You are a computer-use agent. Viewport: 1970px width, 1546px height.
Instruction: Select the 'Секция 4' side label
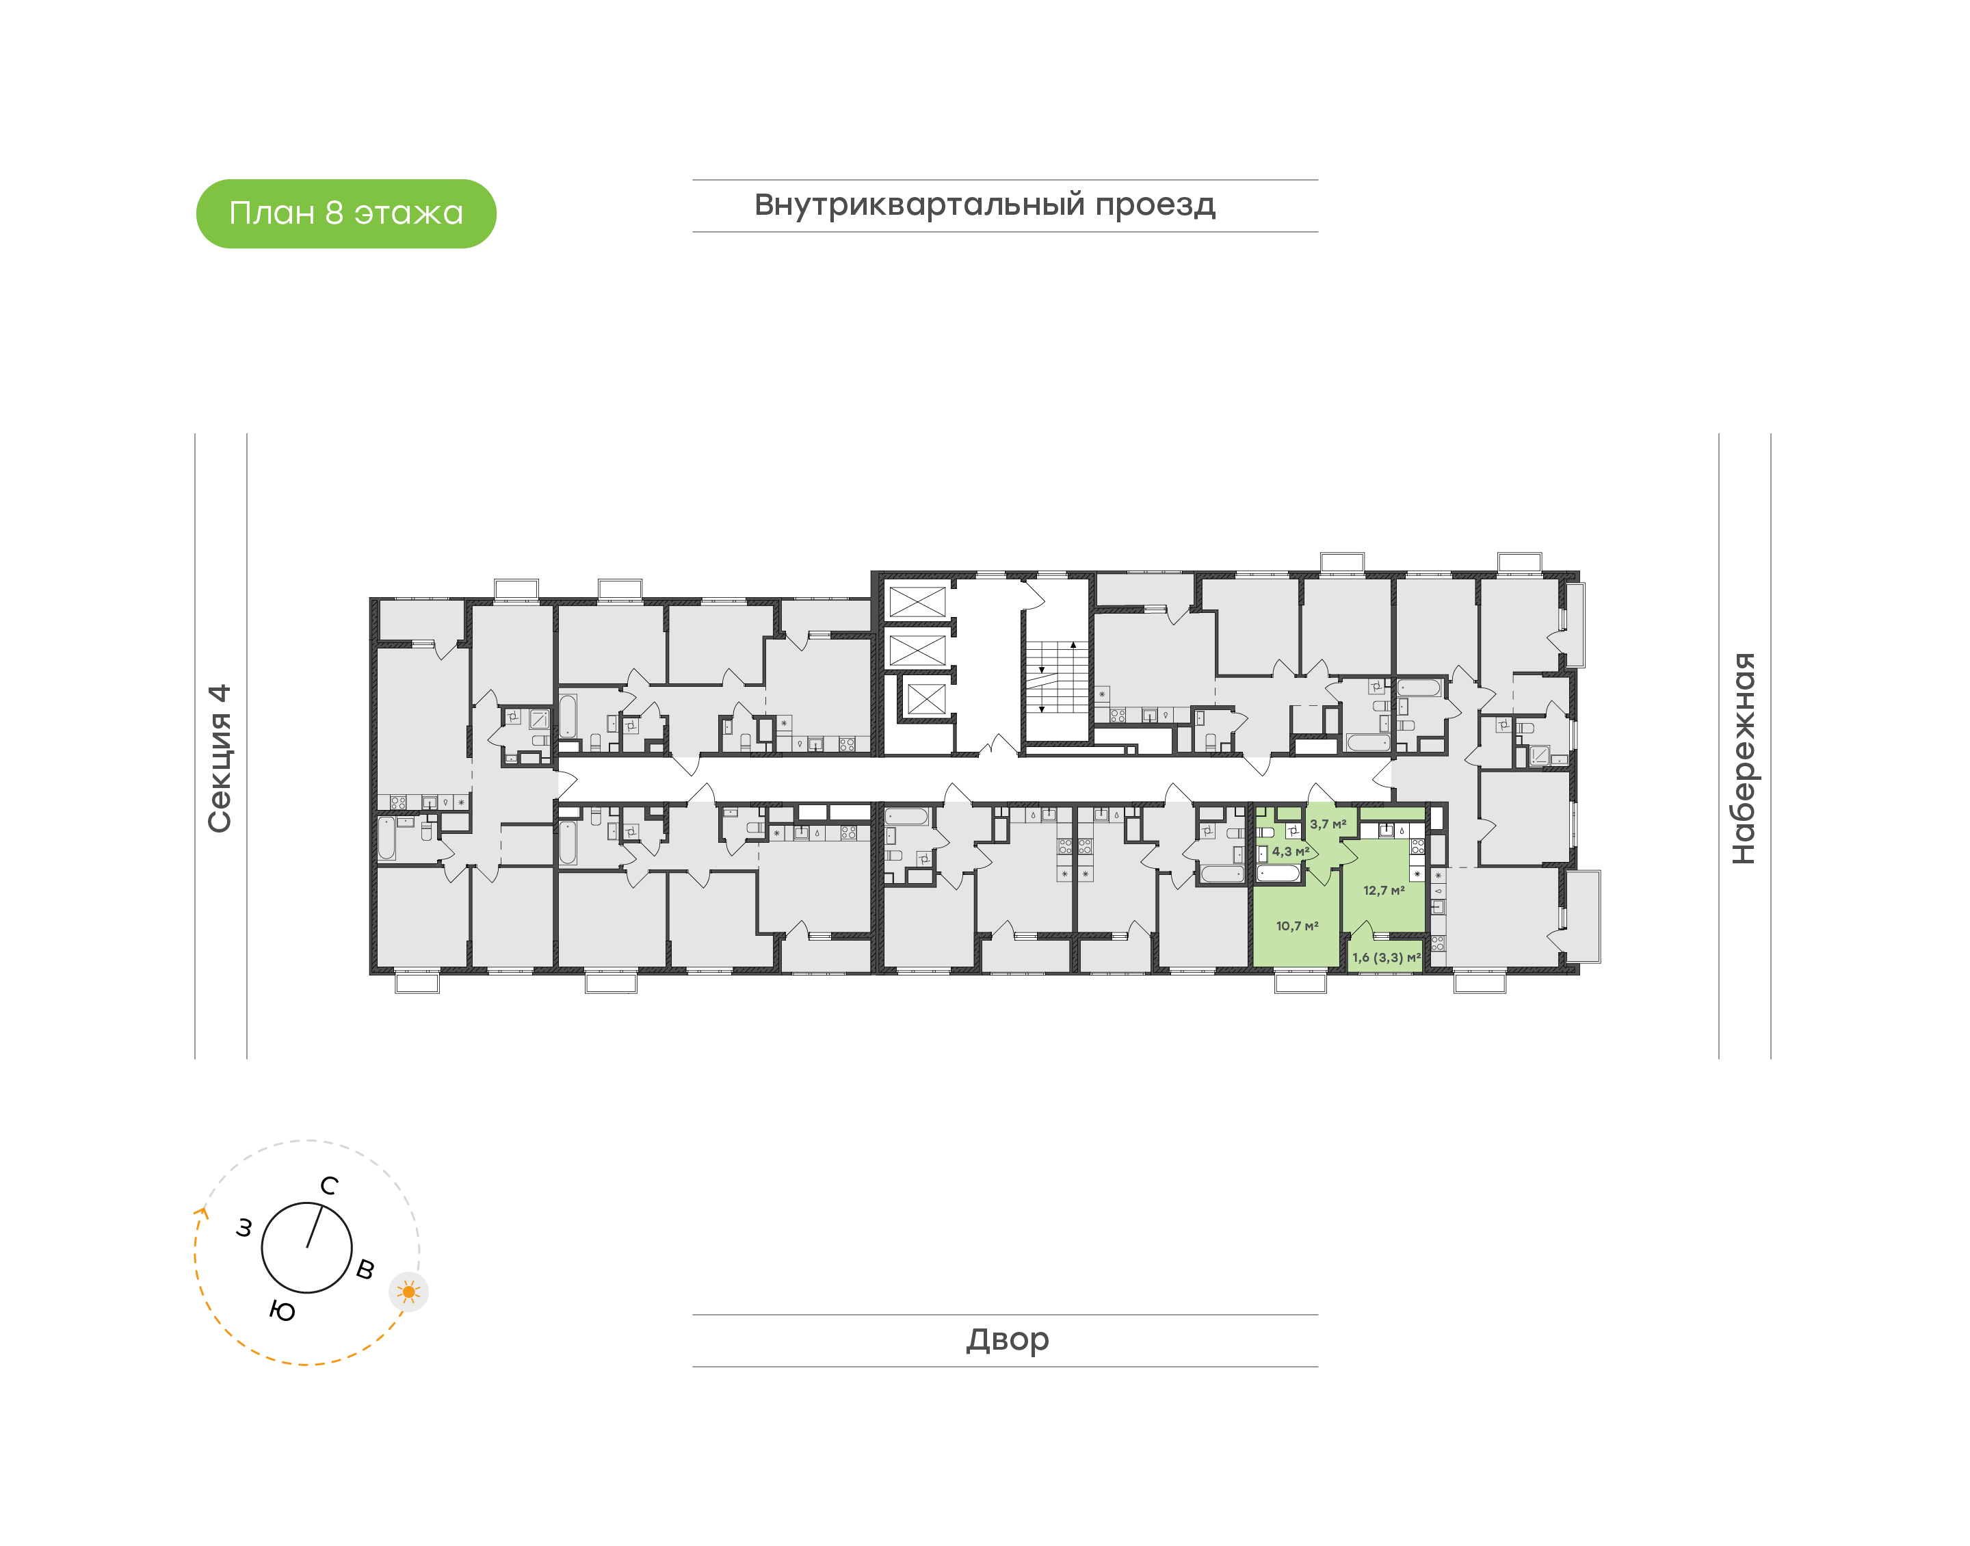(220, 759)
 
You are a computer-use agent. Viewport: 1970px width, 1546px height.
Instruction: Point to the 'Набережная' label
(1743, 759)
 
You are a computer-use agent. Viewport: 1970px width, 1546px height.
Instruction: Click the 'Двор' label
(1007, 1339)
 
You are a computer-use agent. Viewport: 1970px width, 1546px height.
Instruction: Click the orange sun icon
(409, 1292)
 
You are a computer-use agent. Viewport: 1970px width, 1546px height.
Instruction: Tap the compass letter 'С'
(330, 1185)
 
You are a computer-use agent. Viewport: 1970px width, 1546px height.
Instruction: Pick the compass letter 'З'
(244, 1229)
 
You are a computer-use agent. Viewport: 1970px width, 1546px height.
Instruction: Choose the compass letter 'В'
(365, 1269)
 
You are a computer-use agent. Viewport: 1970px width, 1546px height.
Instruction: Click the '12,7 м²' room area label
(1384, 891)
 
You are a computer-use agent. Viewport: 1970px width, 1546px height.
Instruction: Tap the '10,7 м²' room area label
(1297, 926)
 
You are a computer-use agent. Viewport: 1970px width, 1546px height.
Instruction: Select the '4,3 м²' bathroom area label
(1290, 852)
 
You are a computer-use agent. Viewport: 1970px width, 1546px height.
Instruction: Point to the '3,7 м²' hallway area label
(1328, 824)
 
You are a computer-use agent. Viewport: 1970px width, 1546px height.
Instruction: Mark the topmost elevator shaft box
(917, 602)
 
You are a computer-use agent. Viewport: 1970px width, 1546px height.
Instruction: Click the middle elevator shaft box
(917, 650)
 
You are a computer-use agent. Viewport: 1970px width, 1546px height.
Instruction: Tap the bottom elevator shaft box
(925, 698)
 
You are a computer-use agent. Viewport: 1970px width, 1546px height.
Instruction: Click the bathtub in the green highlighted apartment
(1278, 874)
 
